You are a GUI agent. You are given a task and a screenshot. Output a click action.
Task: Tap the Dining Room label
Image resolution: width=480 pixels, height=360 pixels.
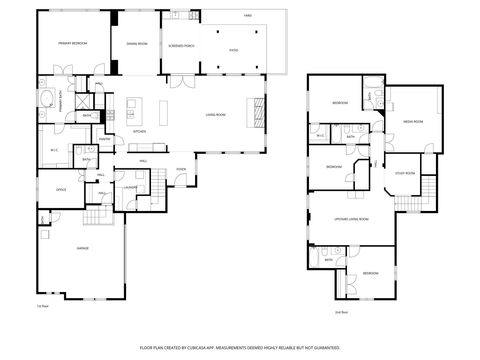[x=136, y=44]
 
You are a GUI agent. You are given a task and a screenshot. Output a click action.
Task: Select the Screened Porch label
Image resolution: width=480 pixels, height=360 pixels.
[x=181, y=44]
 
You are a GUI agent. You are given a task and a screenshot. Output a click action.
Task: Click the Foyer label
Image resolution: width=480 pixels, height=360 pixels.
[x=181, y=169]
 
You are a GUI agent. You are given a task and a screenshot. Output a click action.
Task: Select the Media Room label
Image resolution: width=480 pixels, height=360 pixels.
[x=413, y=121]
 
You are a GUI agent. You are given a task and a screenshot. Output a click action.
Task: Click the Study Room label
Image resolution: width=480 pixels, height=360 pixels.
[x=404, y=172]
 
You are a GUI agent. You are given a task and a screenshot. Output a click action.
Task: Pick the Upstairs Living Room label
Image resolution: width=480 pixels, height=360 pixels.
[x=351, y=218]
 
